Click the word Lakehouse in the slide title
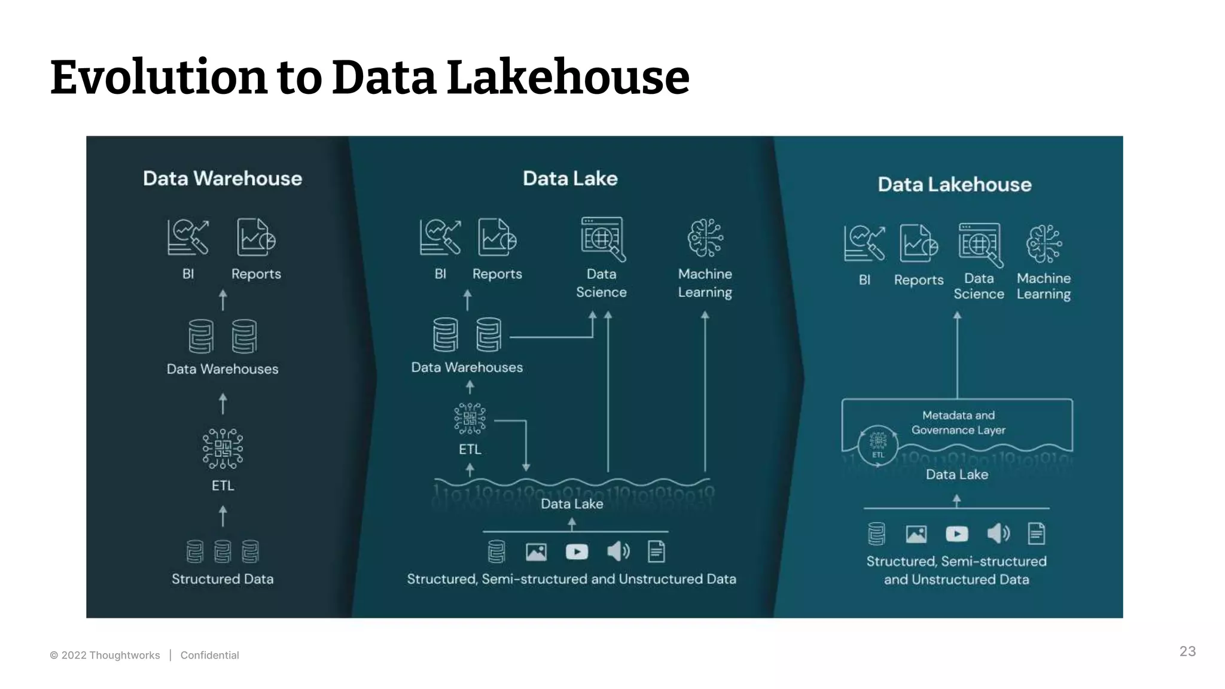click(x=568, y=77)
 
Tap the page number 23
click(x=1187, y=651)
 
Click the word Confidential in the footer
click(x=209, y=655)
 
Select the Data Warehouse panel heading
click(x=223, y=178)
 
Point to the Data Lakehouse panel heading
click(x=954, y=184)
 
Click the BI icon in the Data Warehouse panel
click(x=188, y=237)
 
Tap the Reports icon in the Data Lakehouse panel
click(x=918, y=243)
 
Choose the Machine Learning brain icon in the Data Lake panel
click(x=705, y=237)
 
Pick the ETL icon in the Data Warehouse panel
click(x=223, y=449)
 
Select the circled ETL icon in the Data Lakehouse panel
click(x=877, y=444)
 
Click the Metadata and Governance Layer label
click(x=958, y=422)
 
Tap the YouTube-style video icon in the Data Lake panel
click(x=577, y=551)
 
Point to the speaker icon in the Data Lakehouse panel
click(x=998, y=533)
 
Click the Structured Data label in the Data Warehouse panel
click(x=223, y=579)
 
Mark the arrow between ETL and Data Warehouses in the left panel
click(x=223, y=404)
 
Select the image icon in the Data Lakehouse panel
click(x=916, y=533)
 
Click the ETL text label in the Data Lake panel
click(x=470, y=449)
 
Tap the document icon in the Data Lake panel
click(x=656, y=551)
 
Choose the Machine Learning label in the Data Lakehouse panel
click(x=1044, y=286)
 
